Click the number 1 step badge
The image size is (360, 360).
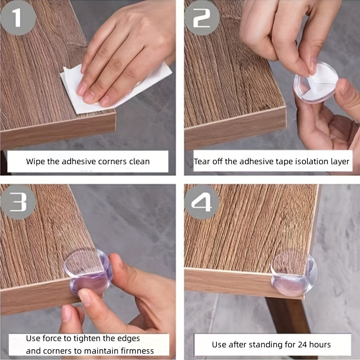[18, 18]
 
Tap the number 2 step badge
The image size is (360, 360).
[202, 18]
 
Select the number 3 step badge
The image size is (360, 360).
[18, 202]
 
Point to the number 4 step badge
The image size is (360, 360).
[202, 202]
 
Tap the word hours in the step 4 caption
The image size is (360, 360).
[320, 345]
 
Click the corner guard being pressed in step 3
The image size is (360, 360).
[88, 272]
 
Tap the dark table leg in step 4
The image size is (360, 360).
[289, 316]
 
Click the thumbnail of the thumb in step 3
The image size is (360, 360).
[85, 297]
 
